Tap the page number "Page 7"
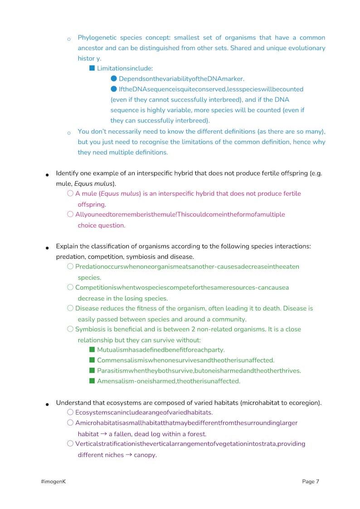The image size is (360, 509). [x=311, y=481]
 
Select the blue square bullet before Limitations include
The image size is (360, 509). [x=92, y=68]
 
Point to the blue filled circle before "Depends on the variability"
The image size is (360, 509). [x=114, y=79]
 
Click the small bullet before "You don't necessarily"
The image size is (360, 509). [x=69, y=133]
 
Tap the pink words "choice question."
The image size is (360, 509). [x=102, y=225]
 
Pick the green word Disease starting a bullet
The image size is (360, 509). [x=87, y=308]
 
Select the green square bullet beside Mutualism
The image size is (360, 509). [x=92, y=349]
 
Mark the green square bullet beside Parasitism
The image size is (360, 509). [x=92, y=370]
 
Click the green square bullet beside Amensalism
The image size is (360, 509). [x=92, y=381]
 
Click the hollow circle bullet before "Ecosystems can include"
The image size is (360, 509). [x=70, y=412]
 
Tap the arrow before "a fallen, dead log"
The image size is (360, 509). [x=103, y=434]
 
